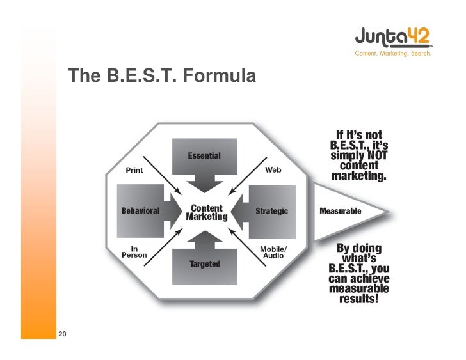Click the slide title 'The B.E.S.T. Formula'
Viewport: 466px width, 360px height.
tap(162, 77)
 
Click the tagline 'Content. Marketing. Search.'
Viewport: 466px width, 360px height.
tap(393, 54)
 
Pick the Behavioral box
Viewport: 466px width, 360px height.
tap(141, 210)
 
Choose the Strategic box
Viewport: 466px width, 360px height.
tap(271, 211)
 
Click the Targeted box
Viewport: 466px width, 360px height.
tap(205, 264)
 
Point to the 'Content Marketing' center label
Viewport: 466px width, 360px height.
tap(206, 212)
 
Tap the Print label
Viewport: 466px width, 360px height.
tap(134, 171)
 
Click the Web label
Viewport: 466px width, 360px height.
tap(273, 170)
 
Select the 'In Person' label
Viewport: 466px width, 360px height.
tap(134, 251)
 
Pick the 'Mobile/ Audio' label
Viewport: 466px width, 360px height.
tap(273, 252)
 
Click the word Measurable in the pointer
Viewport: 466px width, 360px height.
tap(340, 211)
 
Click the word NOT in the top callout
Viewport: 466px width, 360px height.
tap(374, 155)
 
